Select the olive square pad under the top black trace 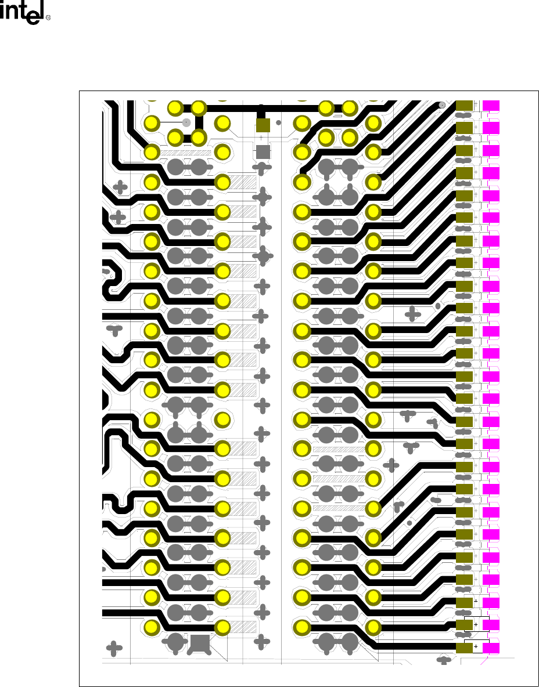263,125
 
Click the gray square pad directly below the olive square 263,152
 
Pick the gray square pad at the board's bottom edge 199,643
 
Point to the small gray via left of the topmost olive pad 442,105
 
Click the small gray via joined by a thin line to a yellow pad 186,123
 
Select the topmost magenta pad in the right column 491,106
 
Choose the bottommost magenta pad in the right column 491,647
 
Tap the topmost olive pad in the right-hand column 464,106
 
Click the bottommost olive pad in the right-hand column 464,647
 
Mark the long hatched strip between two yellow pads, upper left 186,153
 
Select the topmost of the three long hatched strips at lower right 337,449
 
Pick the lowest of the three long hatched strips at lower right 337,508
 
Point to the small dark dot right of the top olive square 278,123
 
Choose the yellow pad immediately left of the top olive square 223,123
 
